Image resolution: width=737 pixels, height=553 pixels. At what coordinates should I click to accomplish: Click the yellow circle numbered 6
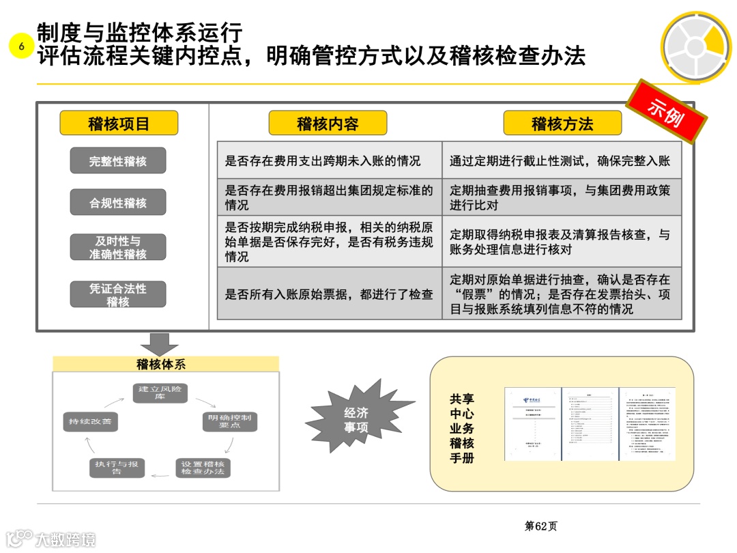tap(21, 46)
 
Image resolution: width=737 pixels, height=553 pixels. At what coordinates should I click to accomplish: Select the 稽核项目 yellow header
tap(119, 124)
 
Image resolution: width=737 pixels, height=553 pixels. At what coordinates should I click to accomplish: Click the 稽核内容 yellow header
tap(328, 124)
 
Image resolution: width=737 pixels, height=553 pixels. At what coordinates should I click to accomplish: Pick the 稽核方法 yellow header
tap(562, 124)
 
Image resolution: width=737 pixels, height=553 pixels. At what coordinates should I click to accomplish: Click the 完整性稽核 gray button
tap(118, 161)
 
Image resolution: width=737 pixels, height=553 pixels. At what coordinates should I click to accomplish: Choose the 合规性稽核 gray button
tap(118, 202)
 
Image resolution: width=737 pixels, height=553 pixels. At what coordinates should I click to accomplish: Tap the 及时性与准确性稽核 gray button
tap(118, 247)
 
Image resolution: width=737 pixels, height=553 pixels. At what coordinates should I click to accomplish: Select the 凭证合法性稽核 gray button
tap(118, 294)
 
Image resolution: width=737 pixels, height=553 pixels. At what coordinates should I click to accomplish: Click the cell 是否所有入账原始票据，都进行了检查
tap(329, 294)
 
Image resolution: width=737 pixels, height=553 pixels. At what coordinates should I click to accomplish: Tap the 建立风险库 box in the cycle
tap(160, 393)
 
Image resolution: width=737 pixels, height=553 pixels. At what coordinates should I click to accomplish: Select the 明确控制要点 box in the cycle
tap(230, 421)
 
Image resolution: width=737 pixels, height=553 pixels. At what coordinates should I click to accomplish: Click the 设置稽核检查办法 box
tap(203, 468)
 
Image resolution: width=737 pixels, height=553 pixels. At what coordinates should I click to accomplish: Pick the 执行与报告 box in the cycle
tap(117, 468)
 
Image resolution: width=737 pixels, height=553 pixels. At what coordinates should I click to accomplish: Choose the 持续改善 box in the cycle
tap(90, 422)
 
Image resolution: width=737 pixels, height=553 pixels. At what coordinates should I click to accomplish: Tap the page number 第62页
tap(540, 526)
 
